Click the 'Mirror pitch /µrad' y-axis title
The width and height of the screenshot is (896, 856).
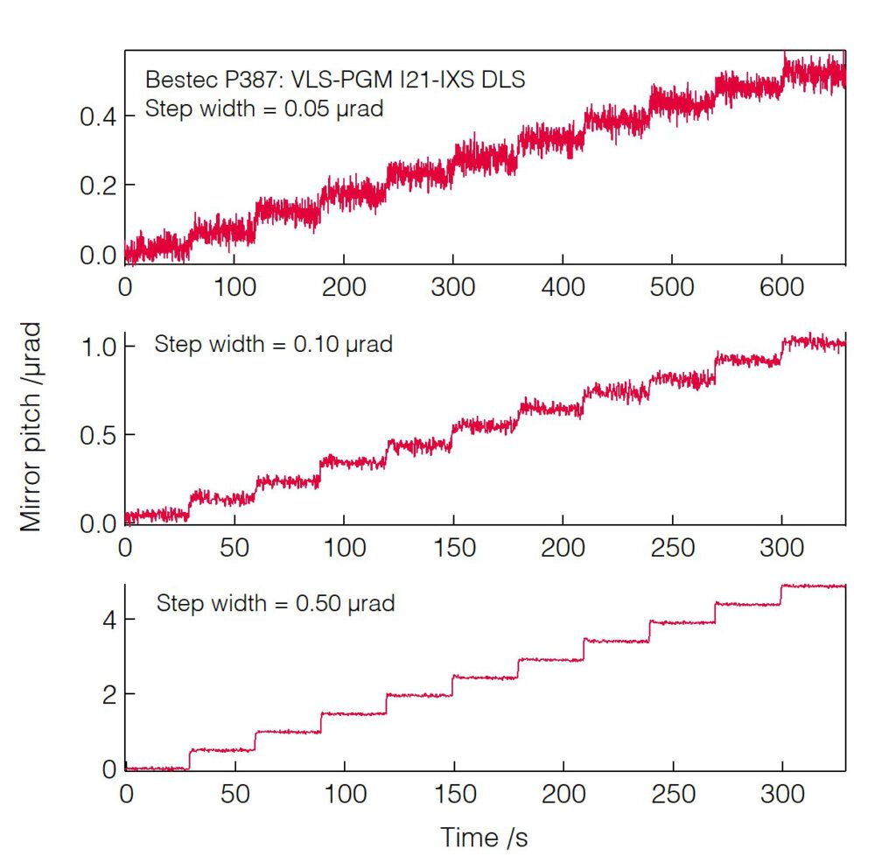tap(31, 427)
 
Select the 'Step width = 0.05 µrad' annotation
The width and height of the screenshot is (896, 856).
tap(263, 110)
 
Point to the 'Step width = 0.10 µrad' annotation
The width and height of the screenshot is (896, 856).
tap(273, 344)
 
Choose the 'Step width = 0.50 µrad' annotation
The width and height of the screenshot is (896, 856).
tap(276, 603)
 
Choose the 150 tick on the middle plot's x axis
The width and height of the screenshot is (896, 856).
tap(453, 548)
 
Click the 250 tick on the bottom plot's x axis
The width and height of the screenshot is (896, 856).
tap(672, 794)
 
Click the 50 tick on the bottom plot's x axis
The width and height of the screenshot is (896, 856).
tap(234, 794)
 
